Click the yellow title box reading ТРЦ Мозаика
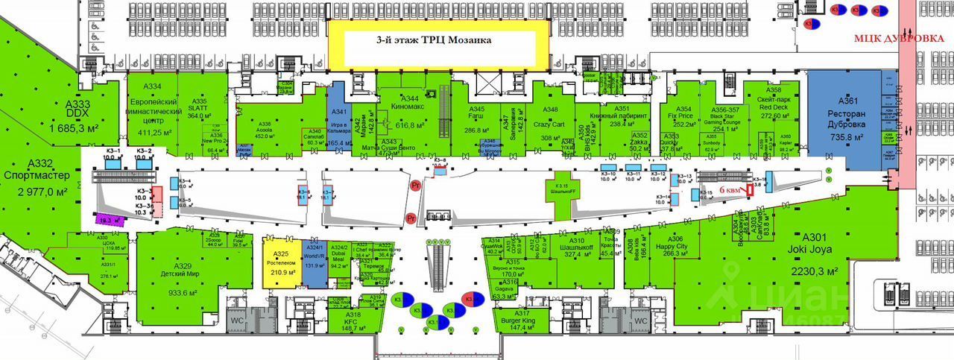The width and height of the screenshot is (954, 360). tap(438, 42)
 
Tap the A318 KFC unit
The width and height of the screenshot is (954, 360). tap(353, 322)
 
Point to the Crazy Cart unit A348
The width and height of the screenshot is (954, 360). tap(550, 118)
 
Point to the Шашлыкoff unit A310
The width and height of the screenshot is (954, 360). tap(577, 248)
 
